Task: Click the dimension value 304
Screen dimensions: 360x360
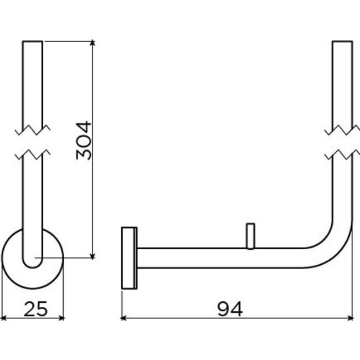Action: [83, 141]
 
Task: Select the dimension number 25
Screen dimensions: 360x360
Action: [35, 308]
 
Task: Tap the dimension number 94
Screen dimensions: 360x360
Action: [229, 308]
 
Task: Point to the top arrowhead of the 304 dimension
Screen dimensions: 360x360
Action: [92, 44]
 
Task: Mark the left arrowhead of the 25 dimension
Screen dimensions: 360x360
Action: [4, 318]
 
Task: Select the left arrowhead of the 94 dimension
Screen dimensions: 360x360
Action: [124, 318]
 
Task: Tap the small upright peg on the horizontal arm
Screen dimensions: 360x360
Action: [250, 236]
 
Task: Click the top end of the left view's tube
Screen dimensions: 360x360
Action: [33, 42]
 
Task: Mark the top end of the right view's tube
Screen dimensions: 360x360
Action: [343, 42]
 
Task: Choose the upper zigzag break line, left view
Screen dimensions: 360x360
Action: [33, 131]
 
